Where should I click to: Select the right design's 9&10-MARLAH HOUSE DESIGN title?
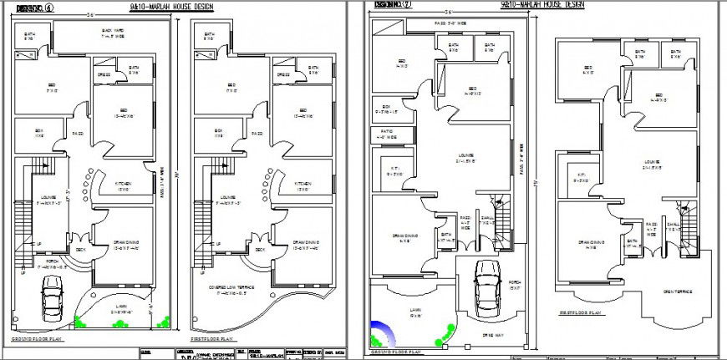541,5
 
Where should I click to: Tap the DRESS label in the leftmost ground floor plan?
104,74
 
